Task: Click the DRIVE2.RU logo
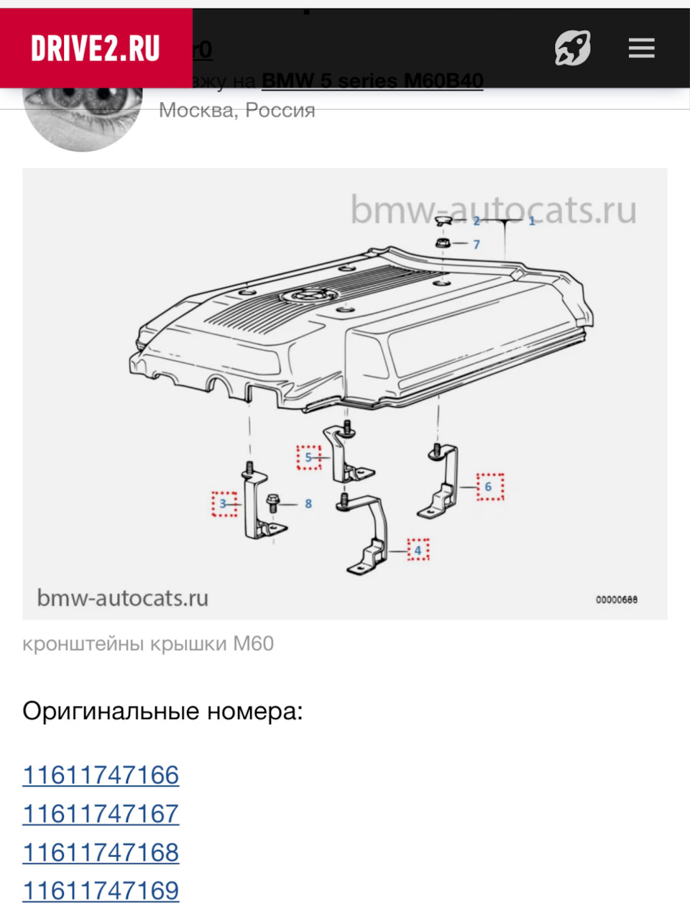96,49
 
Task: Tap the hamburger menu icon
641,49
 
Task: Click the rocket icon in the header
572,49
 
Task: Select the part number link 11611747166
101,775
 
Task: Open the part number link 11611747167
101,814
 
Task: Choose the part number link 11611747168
101,852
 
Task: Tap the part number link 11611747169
101,891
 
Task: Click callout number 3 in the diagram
224,504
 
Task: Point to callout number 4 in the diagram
418,551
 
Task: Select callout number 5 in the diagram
308,457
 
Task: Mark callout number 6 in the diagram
489,487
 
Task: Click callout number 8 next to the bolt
308,504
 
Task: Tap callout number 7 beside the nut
476,244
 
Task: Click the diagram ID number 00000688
616,600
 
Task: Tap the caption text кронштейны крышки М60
148,644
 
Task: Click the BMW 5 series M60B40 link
372,81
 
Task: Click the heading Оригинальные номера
162,712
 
